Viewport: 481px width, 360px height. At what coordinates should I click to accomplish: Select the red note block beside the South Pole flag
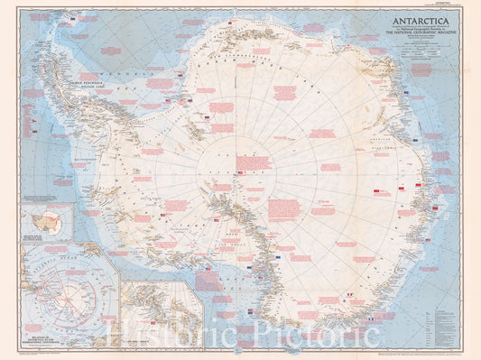[x=254, y=162]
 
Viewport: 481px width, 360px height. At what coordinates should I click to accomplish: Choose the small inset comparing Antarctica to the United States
[x=48, y=221]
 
